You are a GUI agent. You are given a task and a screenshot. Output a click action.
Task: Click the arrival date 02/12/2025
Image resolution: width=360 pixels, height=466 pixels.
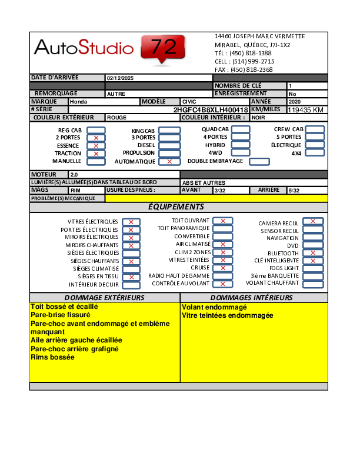[120, 78]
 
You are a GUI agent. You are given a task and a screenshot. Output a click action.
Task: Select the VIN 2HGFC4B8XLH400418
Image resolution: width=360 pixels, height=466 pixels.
[211, 110]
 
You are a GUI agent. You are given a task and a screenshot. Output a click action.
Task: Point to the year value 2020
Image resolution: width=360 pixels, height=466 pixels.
[294, 102]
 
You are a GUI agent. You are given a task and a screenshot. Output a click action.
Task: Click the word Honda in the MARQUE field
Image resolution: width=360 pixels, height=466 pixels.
[78, 102]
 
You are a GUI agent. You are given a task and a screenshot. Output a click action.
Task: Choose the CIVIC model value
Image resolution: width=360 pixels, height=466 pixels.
[189, 102]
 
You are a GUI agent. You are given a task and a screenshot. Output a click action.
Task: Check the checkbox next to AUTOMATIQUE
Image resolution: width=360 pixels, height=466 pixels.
[169, 161]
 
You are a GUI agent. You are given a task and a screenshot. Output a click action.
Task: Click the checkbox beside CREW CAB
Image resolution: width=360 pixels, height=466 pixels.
[315, 129]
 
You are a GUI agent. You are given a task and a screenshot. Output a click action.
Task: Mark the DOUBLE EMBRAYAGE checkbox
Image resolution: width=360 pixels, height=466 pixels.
[259, 161]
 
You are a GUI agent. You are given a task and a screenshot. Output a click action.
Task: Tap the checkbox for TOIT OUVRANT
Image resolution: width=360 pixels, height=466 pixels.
[223, 221]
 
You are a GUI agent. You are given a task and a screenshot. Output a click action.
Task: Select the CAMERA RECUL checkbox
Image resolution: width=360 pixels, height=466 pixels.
[313, 221]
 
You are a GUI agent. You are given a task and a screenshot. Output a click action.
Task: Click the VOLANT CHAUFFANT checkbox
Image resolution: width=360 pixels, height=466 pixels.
[313, 283]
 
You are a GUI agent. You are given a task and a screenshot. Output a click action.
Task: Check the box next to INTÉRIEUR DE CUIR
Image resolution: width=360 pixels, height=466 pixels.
[131, 285]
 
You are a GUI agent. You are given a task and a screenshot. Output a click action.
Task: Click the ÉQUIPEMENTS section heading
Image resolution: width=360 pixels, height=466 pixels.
[176, 207]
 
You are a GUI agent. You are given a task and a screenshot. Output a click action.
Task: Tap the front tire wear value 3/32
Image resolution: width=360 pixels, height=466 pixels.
[220, 191]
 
